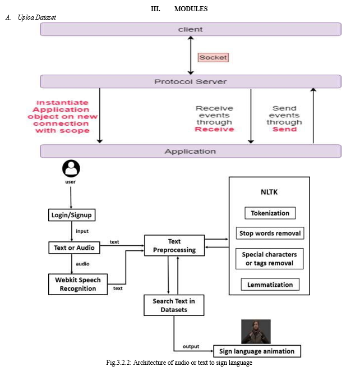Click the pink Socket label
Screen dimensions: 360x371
click(213, 57)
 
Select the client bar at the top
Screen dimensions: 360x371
click(191, 29)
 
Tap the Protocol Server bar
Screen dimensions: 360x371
click(191, 81)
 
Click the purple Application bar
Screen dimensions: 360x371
click(191, 151)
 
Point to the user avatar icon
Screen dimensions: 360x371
click(71, 168)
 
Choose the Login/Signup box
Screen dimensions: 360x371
click(72, 215)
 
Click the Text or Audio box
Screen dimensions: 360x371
click(74, 248)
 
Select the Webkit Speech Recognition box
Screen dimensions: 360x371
click(78, 284)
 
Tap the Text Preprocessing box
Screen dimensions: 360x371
click(174, 245)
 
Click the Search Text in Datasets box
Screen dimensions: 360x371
click(174, 305)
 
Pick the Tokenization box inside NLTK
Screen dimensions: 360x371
click(270, 213)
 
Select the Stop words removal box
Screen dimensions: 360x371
click(270, 233)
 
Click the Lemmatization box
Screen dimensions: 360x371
click(270, 285)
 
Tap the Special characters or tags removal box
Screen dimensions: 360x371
click(270, 259)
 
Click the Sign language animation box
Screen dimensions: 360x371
click(257, 351)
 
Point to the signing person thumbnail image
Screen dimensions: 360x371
click(256, 332)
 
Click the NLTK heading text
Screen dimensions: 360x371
click(269, 192)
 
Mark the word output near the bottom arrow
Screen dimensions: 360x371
click(191, 346)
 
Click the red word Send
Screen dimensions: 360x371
click(284, 129)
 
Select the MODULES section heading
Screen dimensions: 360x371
click(191, 9)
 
